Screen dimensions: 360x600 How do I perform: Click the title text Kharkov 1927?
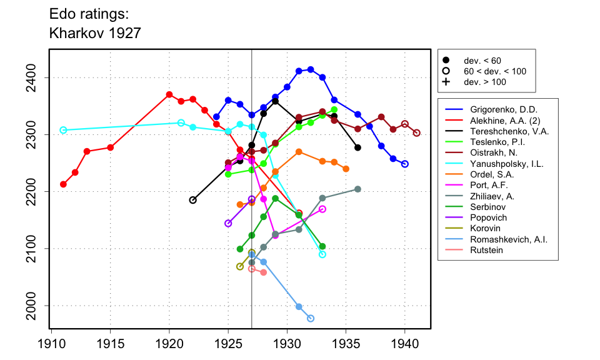coord(95,33)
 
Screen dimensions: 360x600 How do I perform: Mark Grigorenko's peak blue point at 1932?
coord(311,69)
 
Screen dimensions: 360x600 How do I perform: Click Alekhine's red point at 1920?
coord(169,94)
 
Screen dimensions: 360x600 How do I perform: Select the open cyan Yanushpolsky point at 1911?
coord(63,130)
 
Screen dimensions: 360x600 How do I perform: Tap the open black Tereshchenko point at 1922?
coord(192,200)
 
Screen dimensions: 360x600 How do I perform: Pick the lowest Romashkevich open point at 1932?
coord(311,319)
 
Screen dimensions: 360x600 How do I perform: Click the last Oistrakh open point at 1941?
coord(417,132)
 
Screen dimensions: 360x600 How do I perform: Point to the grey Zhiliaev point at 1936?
coord(357,189)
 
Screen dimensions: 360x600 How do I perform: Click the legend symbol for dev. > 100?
coord(446,82)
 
